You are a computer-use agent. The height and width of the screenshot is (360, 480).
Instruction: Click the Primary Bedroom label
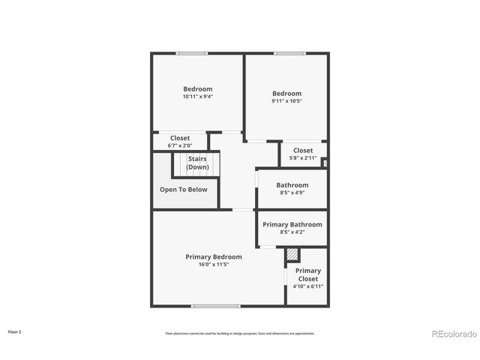coord(214,256)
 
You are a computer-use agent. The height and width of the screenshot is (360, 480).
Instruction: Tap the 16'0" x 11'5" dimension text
coord(214,265)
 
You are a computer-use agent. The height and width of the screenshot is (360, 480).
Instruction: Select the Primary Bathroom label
coord(292,224)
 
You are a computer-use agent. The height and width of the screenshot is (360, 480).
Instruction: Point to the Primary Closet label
coord(307,274)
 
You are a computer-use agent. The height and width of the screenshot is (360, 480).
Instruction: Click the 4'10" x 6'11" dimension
coord(307,286)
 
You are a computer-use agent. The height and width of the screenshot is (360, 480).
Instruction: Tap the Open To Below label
coord(183,190)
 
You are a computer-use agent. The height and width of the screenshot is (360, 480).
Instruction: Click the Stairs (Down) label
coord(197,163)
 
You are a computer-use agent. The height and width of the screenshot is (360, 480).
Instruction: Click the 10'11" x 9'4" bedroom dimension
coord(197,97)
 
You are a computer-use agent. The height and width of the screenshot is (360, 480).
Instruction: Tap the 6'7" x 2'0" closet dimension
coord(180,145)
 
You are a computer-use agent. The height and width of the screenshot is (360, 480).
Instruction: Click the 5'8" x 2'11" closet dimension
coord(302,158)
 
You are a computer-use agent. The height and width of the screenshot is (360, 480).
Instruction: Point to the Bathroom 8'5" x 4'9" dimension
coord(292,193)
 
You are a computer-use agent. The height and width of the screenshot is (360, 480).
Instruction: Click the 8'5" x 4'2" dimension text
coord(292,232)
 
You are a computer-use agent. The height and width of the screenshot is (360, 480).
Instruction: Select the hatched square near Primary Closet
coord(292,256)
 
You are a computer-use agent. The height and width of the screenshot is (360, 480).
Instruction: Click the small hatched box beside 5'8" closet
coord(325,160)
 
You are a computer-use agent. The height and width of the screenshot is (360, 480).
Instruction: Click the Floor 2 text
coord(15,331)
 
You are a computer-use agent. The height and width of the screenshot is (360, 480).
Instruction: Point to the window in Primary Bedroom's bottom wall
coord(215,306)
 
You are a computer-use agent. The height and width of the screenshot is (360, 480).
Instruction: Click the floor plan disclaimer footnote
coord(240,334)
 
